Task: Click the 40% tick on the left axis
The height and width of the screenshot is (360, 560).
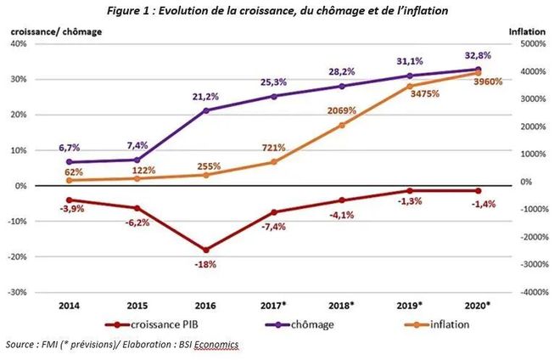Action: coord(19,43)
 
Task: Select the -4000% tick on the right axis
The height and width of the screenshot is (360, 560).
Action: coord(533,292)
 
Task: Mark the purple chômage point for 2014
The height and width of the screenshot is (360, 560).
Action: coord(68,161)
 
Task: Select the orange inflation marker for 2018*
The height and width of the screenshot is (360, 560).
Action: coord(341,125)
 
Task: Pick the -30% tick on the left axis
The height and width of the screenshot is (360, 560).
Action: coord(19,292)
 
